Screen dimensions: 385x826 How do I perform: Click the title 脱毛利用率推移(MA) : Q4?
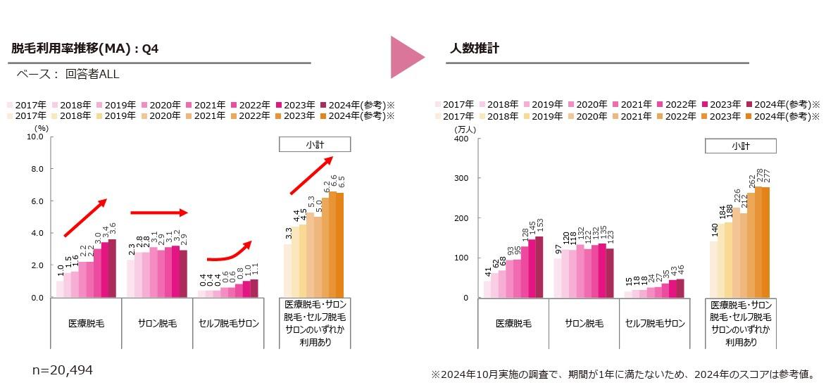point(85,49)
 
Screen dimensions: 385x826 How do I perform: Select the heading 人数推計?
point(475,49)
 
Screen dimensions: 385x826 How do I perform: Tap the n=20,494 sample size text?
point(63,370)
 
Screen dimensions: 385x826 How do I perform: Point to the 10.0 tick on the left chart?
point(36,137)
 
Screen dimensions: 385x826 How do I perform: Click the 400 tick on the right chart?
point(461,139)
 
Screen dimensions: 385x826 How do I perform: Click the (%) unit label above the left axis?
point(41,128)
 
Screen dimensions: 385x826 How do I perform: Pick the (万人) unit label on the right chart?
point(465,129)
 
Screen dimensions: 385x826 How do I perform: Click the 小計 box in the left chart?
point(315,144)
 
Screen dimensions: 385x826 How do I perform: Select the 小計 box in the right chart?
point(740,146)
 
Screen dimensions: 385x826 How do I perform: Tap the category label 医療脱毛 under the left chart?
point(86,324)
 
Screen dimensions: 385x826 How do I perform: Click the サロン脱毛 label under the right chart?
point(584,324)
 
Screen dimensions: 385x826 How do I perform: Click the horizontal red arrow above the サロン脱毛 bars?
point(159,212)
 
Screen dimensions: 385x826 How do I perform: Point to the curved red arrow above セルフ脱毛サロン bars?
point(230,252)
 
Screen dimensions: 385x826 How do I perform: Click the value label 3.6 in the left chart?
point(111,228)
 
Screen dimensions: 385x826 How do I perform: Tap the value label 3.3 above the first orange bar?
point(288,233)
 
